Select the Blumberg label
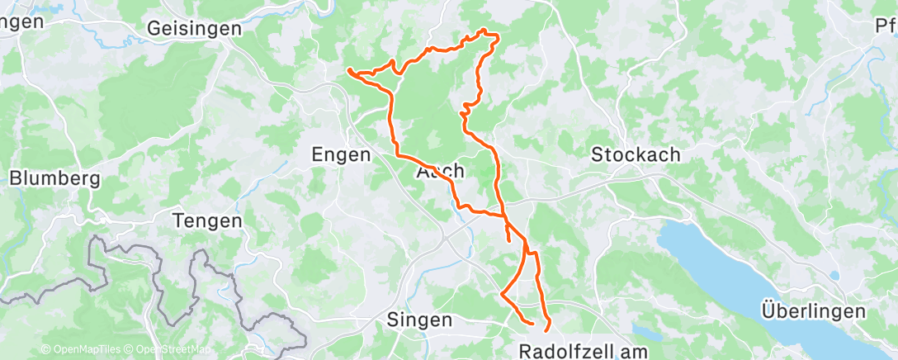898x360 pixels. (54, 178)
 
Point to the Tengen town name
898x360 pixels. (208, 220)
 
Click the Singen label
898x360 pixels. (420, 320)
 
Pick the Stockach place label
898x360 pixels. (636, 154)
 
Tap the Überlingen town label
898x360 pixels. (814, 311)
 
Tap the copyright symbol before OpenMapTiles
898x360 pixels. (45, 349)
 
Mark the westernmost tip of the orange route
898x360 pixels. (349, 70)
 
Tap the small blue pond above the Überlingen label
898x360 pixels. (834, 275)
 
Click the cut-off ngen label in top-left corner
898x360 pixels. (21, 22)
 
